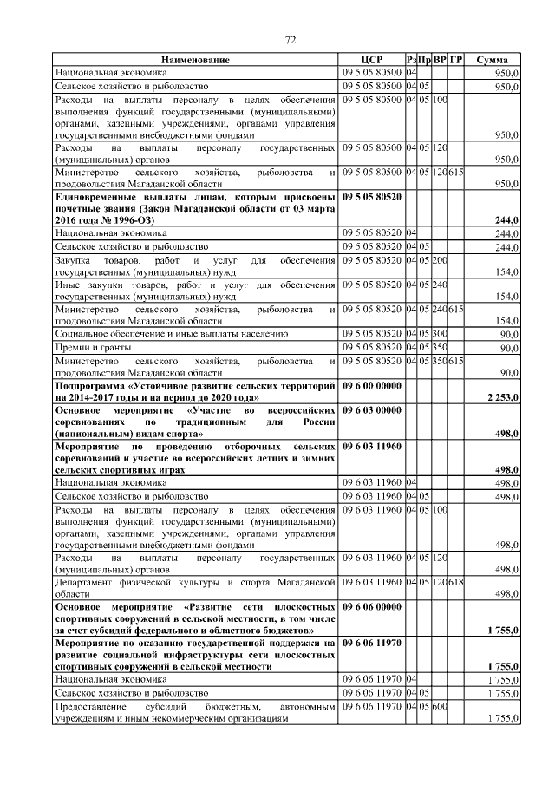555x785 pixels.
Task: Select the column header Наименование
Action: click(195, 60)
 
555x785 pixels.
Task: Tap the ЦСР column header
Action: click(371, 60)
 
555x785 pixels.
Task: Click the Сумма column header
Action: click(493, 60)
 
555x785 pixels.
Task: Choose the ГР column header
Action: click(456, 60)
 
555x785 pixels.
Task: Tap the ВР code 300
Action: click(440, 333)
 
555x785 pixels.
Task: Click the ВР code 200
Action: click(440, 260)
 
